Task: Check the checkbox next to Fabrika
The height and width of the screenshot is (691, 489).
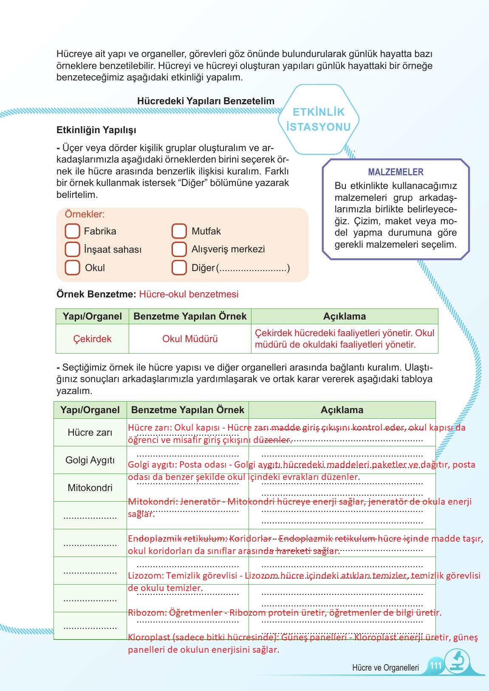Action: pyautogui.click(x=72, y=231)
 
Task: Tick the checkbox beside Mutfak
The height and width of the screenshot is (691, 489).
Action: pyautogui.click(x=179, y=231)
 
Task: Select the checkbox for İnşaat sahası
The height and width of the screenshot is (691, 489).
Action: pyautogui.click(x=72, y=249)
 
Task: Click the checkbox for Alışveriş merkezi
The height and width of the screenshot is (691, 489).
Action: pyautogui.click(x=179, y=249)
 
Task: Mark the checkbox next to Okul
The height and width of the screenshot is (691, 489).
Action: pyautogui.click(x=72, y=268)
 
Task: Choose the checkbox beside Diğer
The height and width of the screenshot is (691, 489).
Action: pyautogui.click(x=179, y=268)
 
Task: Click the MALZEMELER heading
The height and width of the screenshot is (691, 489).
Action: pyautogui.click(x=396, y=172)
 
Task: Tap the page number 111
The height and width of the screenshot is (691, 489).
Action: pyautogui.click(x=436, y=665)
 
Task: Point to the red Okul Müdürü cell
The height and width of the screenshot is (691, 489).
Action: pyautogui.click(x=190, y=339)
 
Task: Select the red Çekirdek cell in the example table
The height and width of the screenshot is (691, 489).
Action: pyautogui.click(x=92, y=339)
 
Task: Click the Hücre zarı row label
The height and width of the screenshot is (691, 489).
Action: pyautogui.click(x=90, y=433)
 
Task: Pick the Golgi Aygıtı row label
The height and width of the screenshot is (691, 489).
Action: pyautogui.click(x=90, y=460)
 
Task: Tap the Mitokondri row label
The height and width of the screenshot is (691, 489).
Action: pyautogui.click(x=90, y=488)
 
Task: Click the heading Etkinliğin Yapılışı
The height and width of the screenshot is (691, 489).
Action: pyautogui.click(x=96, y=130)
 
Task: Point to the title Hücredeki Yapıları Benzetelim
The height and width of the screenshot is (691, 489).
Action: pyautogui.click(x=206, y=101)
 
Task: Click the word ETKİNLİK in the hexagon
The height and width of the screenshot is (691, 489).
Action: pyautogui.click(x=319, y=112)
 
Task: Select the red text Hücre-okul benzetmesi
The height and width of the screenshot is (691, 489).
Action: pyautogui.click(x=189, y=294)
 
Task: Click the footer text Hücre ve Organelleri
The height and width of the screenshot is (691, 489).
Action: pyautogui.click(x=385, y=668)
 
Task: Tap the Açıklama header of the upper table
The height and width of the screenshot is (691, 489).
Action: pyautogui.click(x=344, y=317)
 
